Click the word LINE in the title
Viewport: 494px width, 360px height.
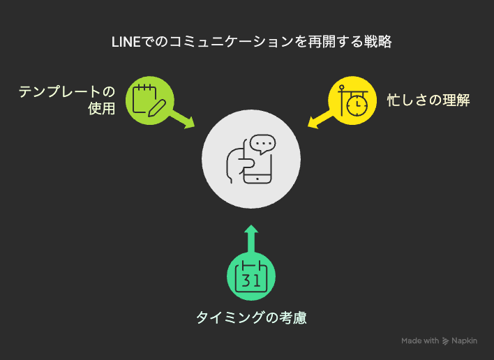pyautogui.click(x=126, y=42)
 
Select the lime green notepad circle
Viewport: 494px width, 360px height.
pyautogui.click(x=150, y=100)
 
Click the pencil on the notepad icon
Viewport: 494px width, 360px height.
pyautogui.click(x=156, y=108)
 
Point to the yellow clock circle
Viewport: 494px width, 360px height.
pyautogui.click(x=352, y=100)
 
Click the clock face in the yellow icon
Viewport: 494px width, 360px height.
pyautogui.click(x=357, y=105)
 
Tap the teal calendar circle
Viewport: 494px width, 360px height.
pyautogui.click(x=251, y=276)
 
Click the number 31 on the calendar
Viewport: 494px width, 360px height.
pyautogui.click(x=250, y=280)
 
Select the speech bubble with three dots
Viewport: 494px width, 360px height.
pyautogui.click(x=263, y=144)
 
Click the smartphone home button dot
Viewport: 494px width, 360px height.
pyautogui.click(x=257, y=179)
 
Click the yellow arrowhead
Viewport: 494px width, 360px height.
pyautogui.click(x=313, y=122)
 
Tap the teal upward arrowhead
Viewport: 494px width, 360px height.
pyautogui.click(x=251, y=229)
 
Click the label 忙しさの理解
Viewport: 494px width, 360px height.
pyautogui.click(x=428, y=100)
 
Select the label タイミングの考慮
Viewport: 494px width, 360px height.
pyautogui.click(x=251, y=317)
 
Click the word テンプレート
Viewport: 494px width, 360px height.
pyautogui.click(x=60, y=92)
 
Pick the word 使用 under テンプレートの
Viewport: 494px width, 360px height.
pyautogui.click(x=101, y=109)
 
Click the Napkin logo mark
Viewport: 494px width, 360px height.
pyautogui.click(x=445, y=340)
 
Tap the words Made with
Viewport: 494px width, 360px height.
pyautogui.click(x=420, y=340)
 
